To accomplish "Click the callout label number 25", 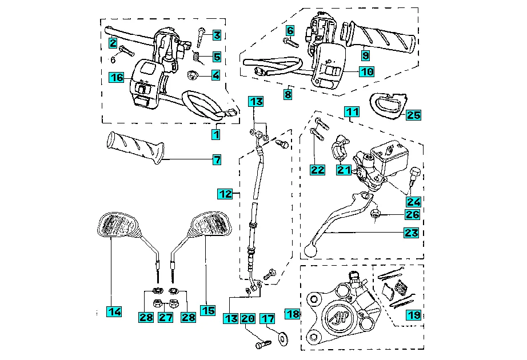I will point(414,115).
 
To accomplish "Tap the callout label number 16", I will point(117,77).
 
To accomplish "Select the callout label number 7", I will point(217,160).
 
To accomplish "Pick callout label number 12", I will point(225,194).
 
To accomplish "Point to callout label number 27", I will point(165,317).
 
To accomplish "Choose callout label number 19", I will point(413,315).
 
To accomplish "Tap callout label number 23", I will point(412,233).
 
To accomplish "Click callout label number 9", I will point(365,55).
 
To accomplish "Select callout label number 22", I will point(317,169).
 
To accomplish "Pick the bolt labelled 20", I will point(262,345).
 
